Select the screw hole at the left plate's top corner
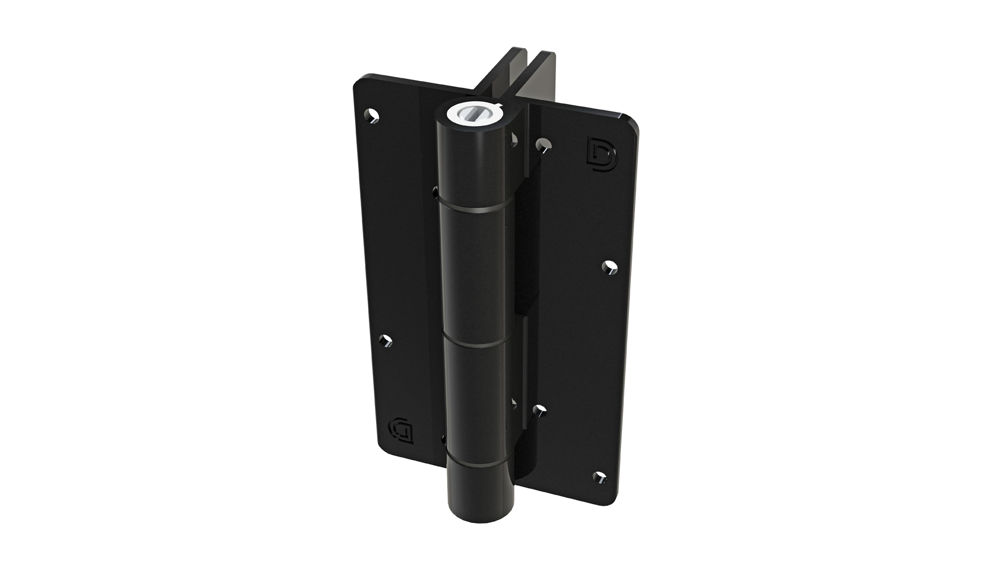click(371, 115)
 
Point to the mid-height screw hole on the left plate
click(386, 341)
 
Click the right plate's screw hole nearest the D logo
click(542, 146)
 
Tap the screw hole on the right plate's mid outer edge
click(610, 268)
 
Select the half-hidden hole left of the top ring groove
click(435, 191)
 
